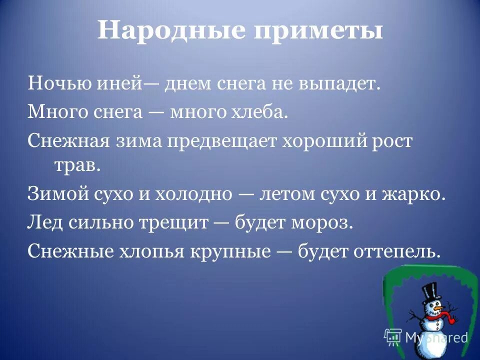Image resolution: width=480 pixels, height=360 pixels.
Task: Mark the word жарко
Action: click(x=416, y=194)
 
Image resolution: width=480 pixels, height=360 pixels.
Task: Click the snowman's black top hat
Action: click(x=429, y=292)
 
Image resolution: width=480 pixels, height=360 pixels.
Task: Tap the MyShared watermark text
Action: click(x=435, y=337)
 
